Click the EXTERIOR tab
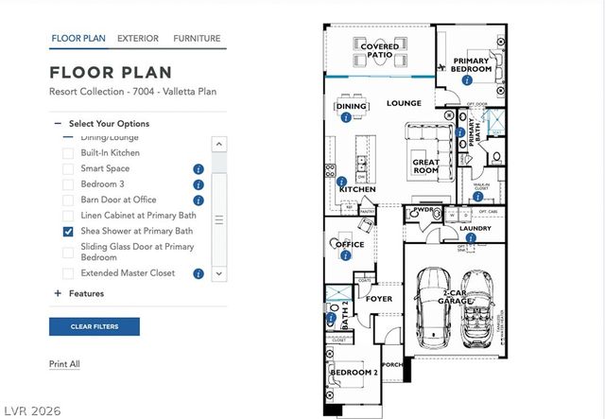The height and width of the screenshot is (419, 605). pos(138,39)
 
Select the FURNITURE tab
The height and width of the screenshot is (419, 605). pos(197,39)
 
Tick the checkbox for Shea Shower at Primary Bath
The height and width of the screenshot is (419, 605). pos(68,232)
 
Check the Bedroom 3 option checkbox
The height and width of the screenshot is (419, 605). pos(68,184)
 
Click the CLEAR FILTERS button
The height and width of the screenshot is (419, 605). pos(95,326)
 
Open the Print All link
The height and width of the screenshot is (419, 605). pos(64,364)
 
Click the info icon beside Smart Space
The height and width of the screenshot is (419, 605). pos(199,169)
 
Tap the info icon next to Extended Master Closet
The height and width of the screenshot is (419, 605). pos(199,273)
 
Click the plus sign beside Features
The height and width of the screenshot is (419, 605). pos(58,293)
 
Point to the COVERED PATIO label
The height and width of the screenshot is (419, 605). pos(379,50)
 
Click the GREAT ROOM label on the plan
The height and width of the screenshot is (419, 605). pos(425,166)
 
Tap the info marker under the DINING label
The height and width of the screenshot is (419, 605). pos(346,118)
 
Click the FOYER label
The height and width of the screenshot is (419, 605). pos(379,299)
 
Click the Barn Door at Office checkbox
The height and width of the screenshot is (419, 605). pos(68,201)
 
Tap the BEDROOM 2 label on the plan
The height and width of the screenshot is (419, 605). pos(354,373)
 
